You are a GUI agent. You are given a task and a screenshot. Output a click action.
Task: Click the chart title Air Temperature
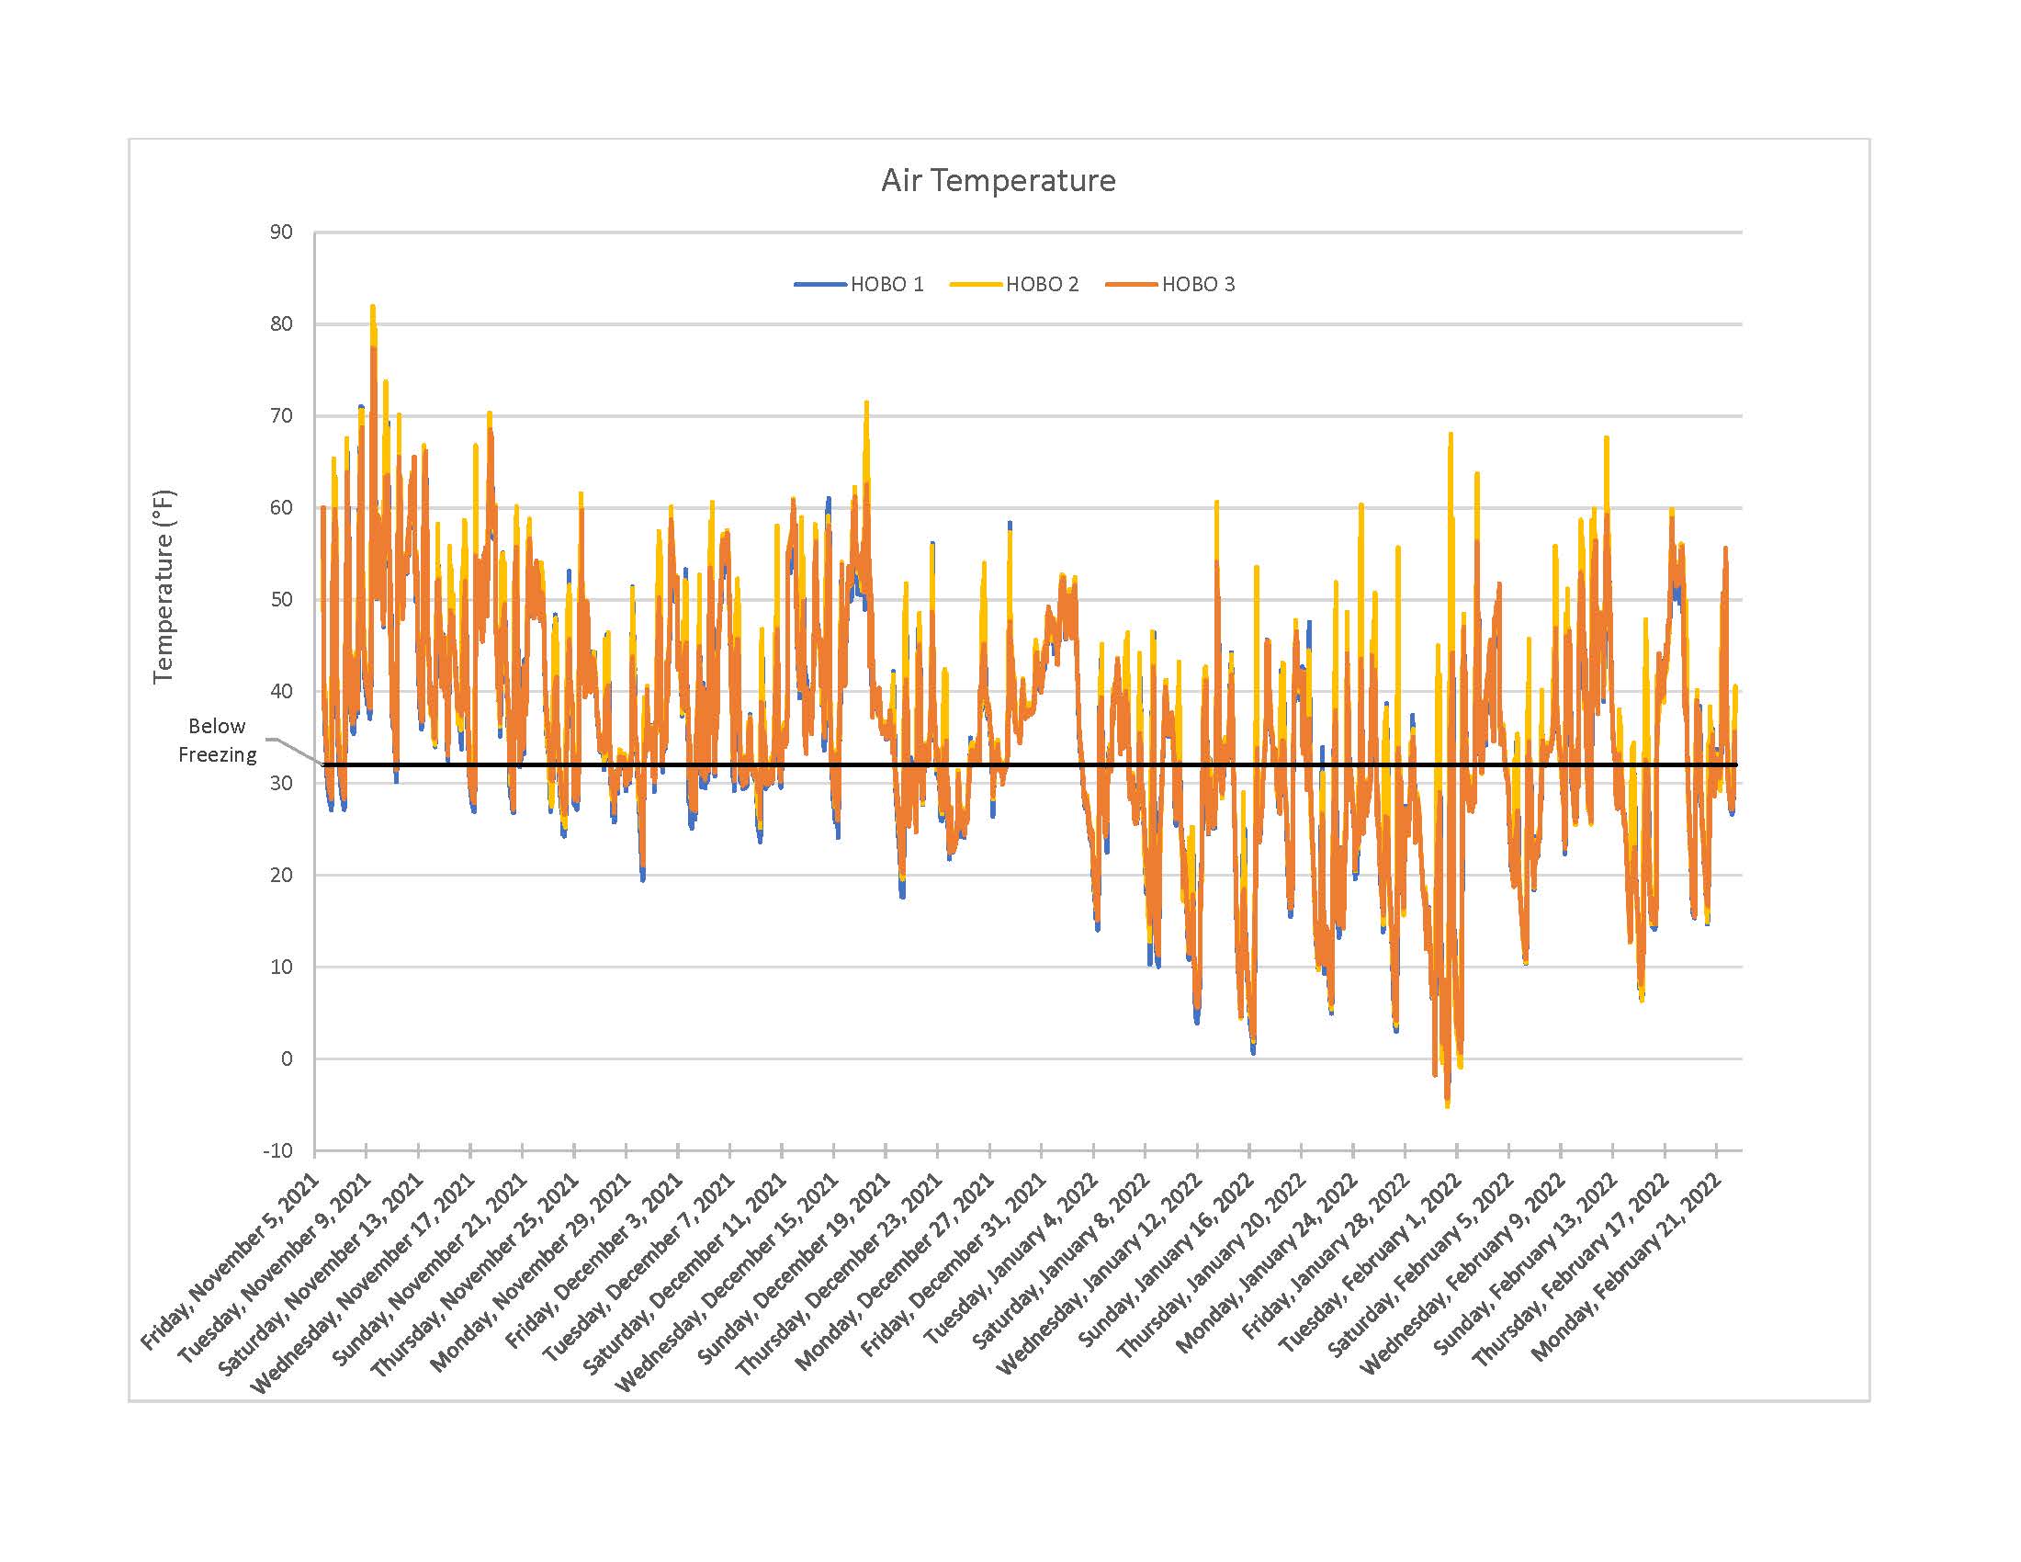coord(998,179)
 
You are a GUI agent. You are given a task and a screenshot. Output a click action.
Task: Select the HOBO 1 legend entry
coord(886,284)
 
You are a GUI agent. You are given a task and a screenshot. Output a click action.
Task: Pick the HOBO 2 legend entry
coord(1041,284)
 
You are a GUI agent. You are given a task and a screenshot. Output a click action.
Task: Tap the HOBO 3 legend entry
coord(1197,284)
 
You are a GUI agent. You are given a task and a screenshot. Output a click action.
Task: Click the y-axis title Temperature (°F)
coord(164,587)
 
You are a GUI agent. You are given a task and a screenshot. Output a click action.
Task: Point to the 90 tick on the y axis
coord(281,232)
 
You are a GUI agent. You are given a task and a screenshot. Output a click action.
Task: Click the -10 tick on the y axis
coord(277,1151)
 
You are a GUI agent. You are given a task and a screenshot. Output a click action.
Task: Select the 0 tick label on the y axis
coord(286,1058)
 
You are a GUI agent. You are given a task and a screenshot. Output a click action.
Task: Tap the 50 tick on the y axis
coord(281,600)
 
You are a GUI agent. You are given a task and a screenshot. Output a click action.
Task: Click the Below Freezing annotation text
coord(217,741)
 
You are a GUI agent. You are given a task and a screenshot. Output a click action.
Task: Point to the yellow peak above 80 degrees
coord(373,307)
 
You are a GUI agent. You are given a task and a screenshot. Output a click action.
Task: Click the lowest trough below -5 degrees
coord(1446,1104)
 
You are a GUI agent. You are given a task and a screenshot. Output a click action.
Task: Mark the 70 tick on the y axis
coord(281,415)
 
